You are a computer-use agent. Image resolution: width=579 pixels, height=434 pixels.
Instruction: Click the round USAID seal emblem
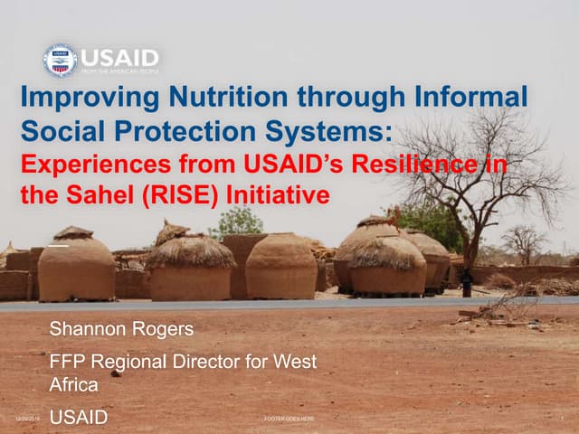[x=61, y=61]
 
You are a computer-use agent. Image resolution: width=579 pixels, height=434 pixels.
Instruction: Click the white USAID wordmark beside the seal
[x=119, y=57]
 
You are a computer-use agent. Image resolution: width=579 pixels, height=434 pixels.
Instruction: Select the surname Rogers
[x=156, y=328]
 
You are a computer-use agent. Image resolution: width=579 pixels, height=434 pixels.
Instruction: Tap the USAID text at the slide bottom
[x=78, y=417]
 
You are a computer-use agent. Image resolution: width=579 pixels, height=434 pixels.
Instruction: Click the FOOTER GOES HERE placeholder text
[x=289, y=420]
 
